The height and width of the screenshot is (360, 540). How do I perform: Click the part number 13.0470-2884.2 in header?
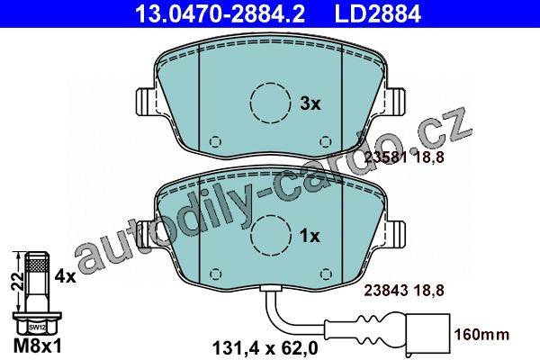[x=220, y=13]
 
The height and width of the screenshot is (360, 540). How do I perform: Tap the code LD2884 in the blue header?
[x=378, y=13]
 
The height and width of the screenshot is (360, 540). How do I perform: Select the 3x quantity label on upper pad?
[x=310, y=103]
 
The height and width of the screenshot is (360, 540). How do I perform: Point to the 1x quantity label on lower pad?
[x=310, y=237]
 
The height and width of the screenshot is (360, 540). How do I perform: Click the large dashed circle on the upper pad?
[x=270, y=103]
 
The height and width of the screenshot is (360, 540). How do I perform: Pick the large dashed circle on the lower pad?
[x=270, y=236]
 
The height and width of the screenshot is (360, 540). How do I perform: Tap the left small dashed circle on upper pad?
[x=216, y=141]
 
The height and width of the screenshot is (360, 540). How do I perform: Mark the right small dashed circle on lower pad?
[x=326, y=274]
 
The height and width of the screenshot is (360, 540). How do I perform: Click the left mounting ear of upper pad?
[x=147, y=102]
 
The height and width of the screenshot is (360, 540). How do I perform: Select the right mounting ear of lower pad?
[x=394, y=235]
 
